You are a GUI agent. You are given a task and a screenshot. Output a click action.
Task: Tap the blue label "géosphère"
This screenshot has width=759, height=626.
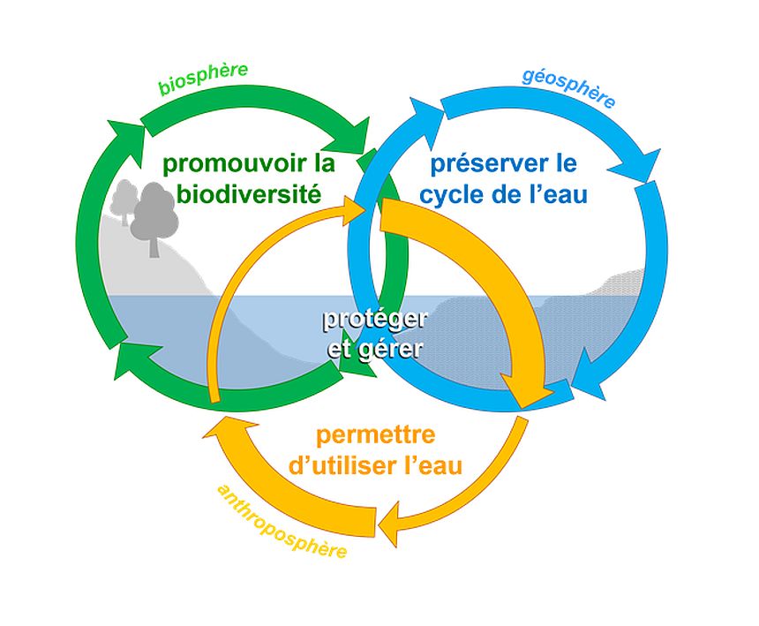(568, 87)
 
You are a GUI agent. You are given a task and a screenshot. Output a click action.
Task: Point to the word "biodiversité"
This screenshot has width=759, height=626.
(248, 193)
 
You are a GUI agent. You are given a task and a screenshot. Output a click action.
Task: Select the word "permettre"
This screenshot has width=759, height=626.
(376, 435)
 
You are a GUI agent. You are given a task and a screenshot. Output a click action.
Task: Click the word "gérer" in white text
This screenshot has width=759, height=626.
(395, 348)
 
